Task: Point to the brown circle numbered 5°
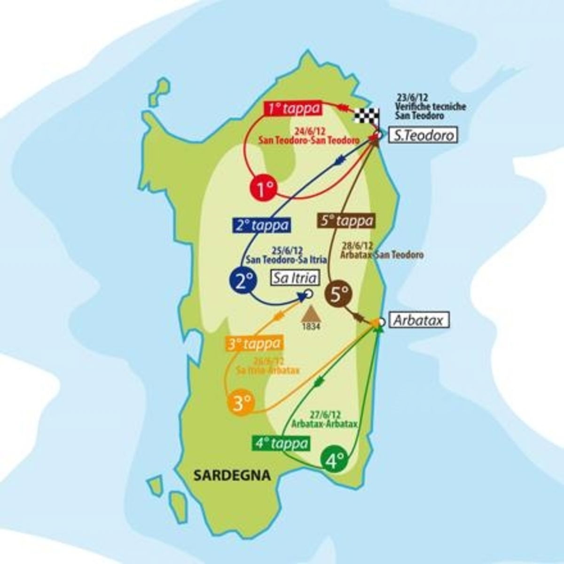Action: coord(340,295)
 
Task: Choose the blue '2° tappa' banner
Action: coord(262,225)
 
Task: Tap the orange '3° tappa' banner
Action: coord(255,344)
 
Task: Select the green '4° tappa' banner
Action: coord(282,443)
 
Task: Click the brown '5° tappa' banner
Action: coord(348,220)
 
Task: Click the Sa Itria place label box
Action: coord(295,278)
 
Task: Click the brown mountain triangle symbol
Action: coord(311,313)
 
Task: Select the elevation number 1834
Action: coord(311,325)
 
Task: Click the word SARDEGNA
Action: coord(232,475)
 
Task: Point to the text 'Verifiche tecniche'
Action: coord(431,107)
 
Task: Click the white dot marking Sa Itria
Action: coord(309,294)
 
